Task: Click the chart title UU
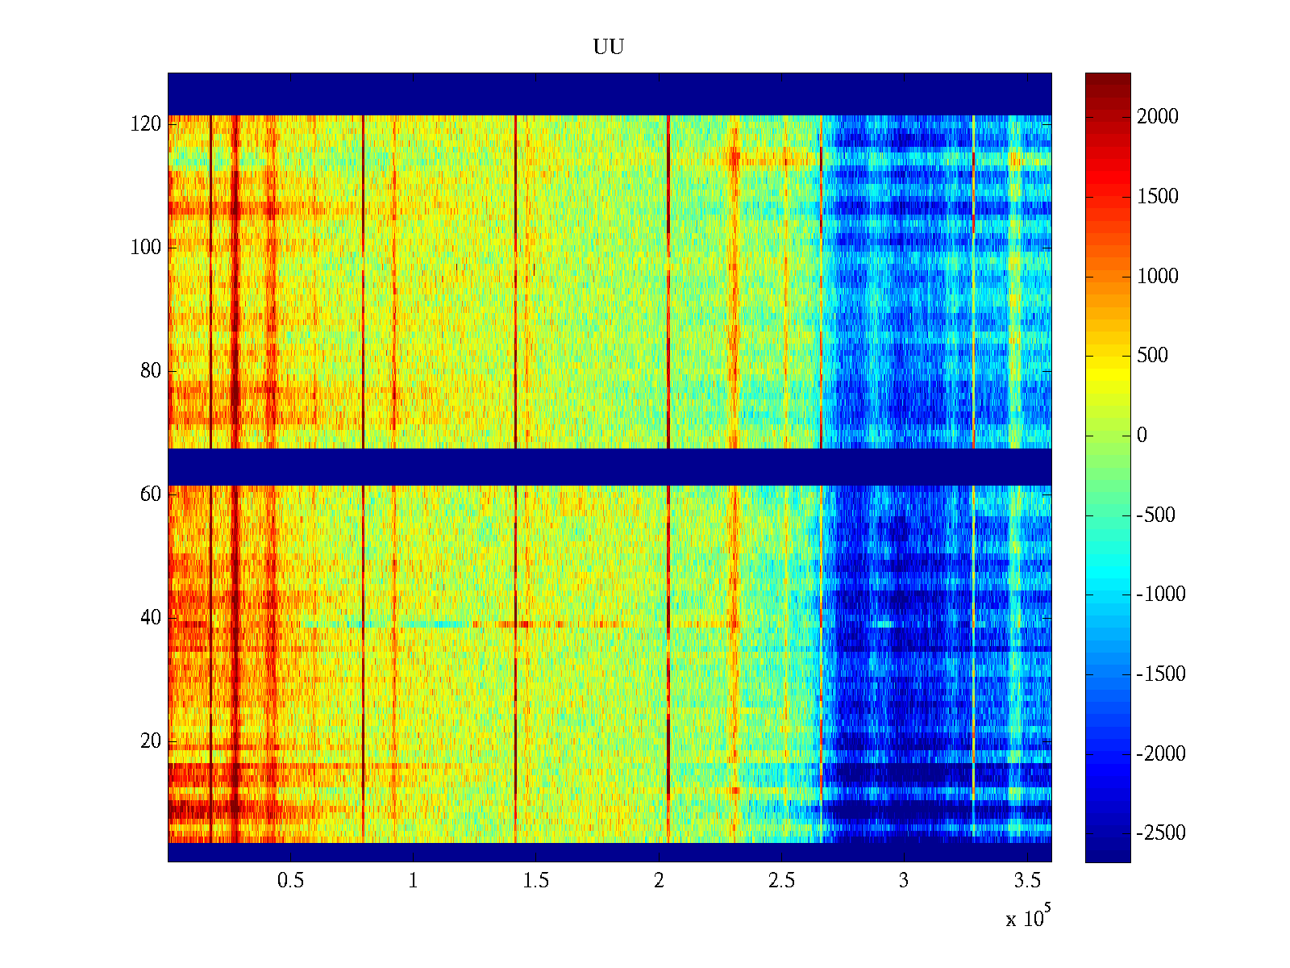click(x=609, y=48)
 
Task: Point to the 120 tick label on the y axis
click(x=146, y=124)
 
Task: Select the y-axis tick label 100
click(x=146, y=248)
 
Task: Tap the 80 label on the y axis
click(x=151, y=371)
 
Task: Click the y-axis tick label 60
click(x=151, y=494)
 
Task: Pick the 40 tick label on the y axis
click(x=151, y=618)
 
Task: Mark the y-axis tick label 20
click(x=151, y=741)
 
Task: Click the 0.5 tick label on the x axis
click(x=290, y=881)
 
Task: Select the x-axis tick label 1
click(x=413, y=881)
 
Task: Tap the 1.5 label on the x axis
click(x=536, y=881)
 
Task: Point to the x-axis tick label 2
click(x=659, y=881)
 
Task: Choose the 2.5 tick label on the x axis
click(x=781, y=881)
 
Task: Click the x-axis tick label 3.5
click(x=1026, y=881)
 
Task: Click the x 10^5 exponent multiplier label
click(x=1028, y=918)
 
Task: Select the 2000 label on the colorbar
click(x=1158, y=117)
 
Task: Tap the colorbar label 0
click(x=1142, y=436)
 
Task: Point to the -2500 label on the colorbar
click(x=1161, y=833)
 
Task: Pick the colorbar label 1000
click(x=1158, y=277)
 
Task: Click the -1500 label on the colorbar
click(x=1161, y=674)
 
